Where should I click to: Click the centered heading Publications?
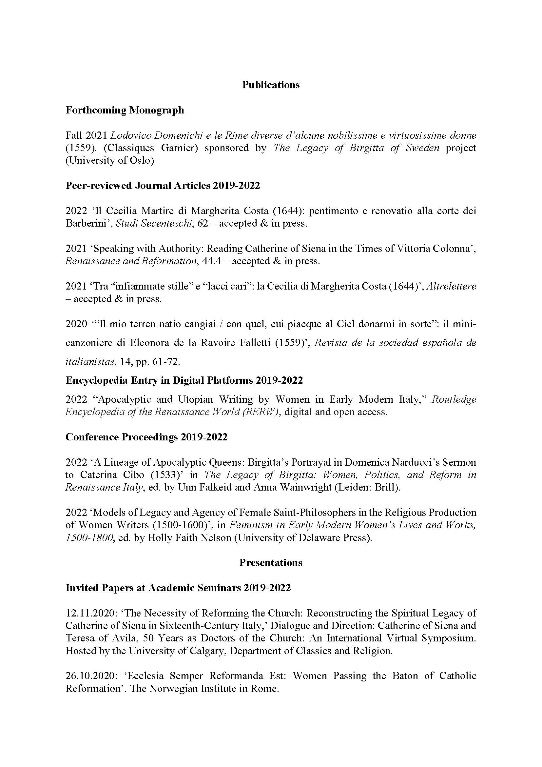pyautogui.click(x=271, y=85)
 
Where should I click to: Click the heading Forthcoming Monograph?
pyautogui.click(x=125, y=110)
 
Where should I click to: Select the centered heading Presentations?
pyautogui.click(x=271, y=563)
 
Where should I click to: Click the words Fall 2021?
pyautogui.click(x=86, y=136)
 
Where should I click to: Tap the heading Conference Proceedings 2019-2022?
pyautogui.click(x=146, y=437)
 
